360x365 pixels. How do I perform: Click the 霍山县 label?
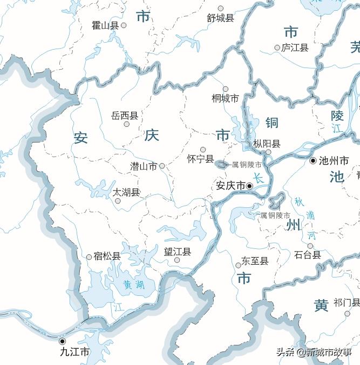coord(106,25)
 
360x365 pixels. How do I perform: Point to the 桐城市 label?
coord(225,98)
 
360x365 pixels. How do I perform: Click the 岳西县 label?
coord(124,116)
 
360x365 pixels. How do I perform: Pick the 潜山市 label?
coord(144,166)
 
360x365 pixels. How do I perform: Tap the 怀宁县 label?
coord(200,159)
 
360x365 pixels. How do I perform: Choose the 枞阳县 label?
coord(267,144)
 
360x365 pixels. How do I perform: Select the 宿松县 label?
coord(107,256)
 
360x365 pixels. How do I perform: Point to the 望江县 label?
coord(178,252)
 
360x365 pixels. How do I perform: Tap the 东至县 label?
coord(255,261)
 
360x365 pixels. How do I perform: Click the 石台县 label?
coord(308,254)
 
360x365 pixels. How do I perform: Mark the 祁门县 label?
coord(347,302)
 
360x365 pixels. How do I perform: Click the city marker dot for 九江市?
coord(62,341)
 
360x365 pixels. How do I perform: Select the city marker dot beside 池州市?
coord(313,161)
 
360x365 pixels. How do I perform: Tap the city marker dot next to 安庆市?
coord(249,186)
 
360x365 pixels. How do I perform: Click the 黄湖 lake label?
coord(133,284)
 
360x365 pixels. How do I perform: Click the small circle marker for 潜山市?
coord(162,166)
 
